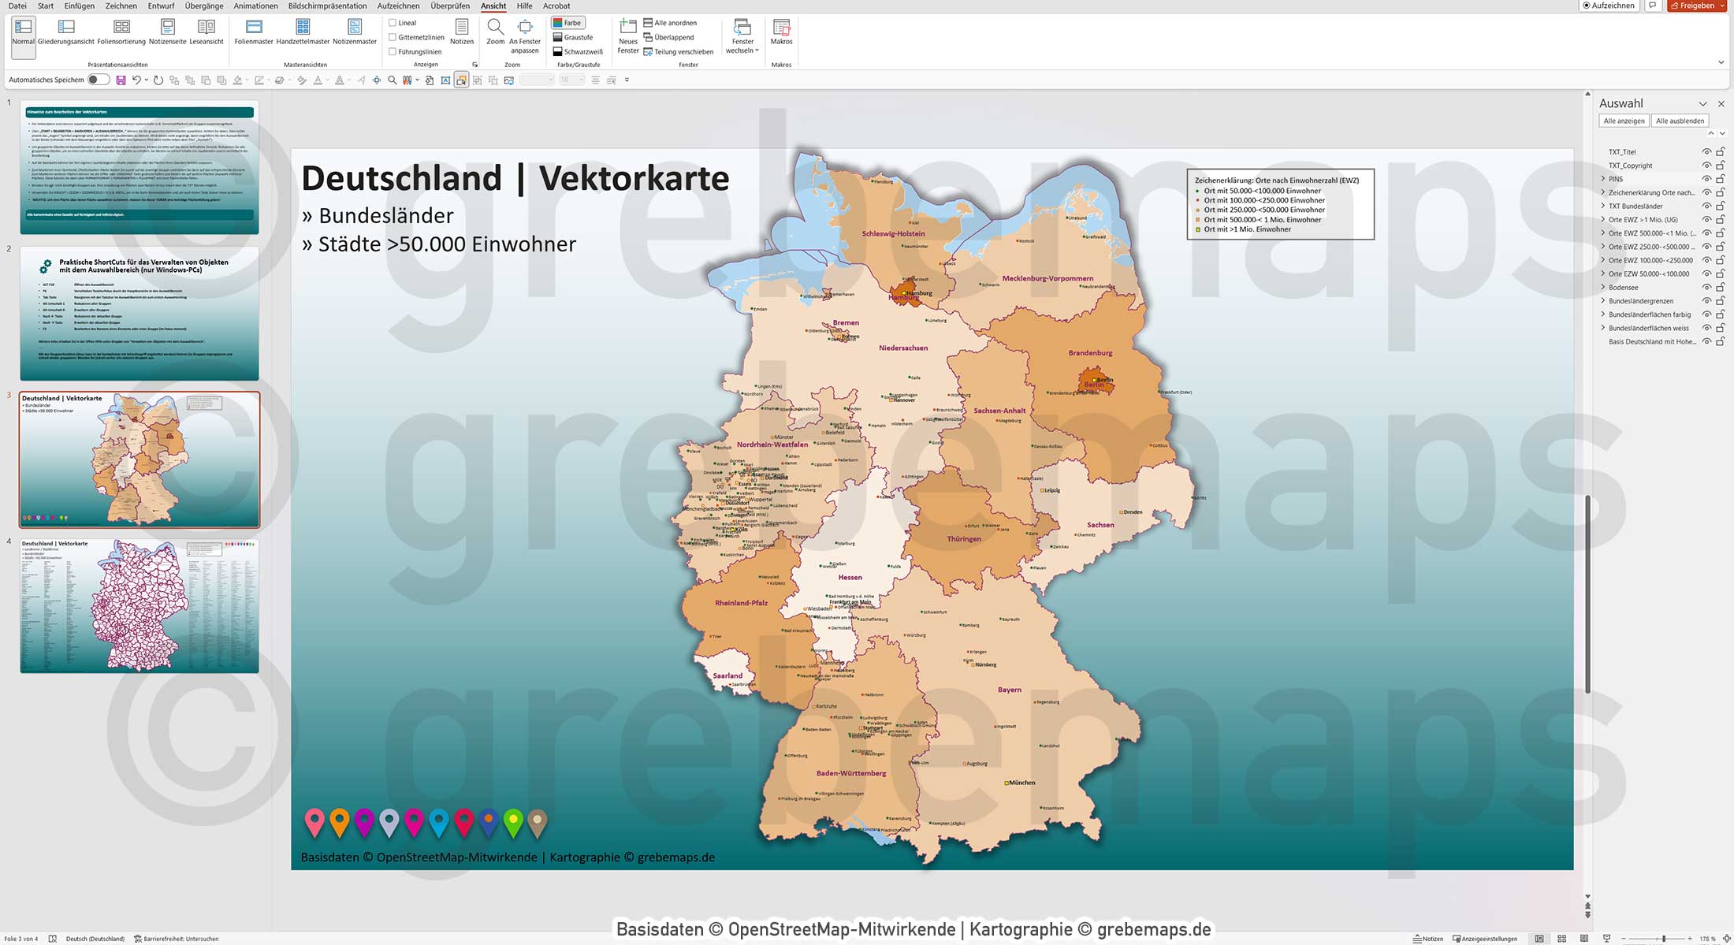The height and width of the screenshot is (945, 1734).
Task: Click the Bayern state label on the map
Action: pos(1009,690)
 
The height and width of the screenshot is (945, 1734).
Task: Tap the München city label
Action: pos(1022,783)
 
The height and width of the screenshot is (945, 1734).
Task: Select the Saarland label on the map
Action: pos(727,675)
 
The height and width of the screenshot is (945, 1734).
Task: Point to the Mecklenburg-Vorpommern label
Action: pos(1047,278)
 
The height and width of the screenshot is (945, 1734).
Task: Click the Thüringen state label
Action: pos(964,539)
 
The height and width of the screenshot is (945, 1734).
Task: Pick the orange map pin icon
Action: pos(339,821)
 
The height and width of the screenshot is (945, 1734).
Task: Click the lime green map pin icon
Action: pos(513,821)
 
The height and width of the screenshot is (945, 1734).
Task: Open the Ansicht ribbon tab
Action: pos(493,6)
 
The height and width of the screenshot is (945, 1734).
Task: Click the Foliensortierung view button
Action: pos(121,32)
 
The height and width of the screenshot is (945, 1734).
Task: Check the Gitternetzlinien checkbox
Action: pos(393,37)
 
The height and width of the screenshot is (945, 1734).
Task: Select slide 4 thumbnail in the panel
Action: pos(140,605)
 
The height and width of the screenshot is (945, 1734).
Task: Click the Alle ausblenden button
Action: pos(1680,121)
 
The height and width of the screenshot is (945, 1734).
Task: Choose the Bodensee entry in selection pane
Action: pos(1624,288)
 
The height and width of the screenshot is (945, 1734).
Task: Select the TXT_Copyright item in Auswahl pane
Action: pos(1630,166)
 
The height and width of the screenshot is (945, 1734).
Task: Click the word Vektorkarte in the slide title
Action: pos(634,178)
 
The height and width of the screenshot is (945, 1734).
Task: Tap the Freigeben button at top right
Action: pos(1696,6)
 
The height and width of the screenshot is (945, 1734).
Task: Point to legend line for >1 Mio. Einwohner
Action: pos(1247,229)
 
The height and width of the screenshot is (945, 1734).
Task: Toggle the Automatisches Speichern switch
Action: pos(99,80)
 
